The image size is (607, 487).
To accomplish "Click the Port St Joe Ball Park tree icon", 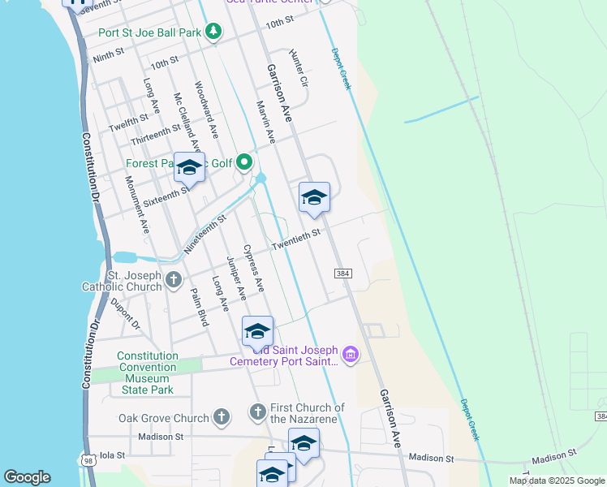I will [x=213, y=32].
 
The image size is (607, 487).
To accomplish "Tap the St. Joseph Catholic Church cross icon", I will [x=173, y=281].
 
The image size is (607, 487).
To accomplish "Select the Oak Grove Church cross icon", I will [x=222, y=418].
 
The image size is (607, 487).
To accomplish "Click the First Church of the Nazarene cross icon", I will [x=257, y=412].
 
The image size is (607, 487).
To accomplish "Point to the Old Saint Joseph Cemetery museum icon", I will [x=351, y=355].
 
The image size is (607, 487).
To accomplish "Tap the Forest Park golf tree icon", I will [x=244, y=164].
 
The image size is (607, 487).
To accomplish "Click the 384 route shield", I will [x=342, y=274].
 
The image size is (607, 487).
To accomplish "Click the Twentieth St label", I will [x=296, y=239].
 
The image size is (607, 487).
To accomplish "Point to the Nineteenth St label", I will [x=204, y=235].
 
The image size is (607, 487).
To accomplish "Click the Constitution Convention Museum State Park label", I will [x=147, y=373].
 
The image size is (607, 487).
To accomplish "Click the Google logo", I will [x=28, y=477].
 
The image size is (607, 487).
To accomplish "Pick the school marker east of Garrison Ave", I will [x=315, y=198].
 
